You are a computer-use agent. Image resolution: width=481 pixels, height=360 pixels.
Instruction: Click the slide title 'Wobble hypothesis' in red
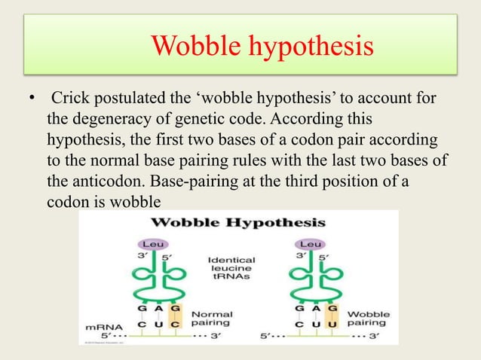coord(262,47)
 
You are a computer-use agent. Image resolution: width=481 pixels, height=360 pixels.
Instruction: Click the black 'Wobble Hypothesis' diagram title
coord(239,222)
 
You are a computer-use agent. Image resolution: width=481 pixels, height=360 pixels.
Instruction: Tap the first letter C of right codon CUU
coord(295,324)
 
